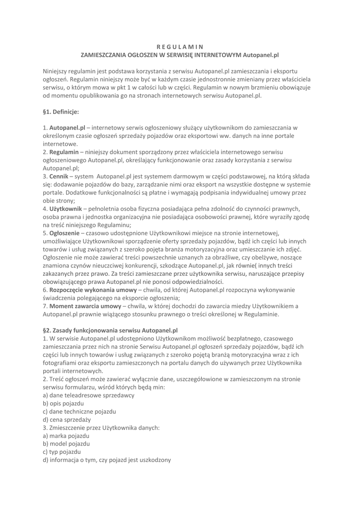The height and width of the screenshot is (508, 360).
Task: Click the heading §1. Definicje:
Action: point(61,112)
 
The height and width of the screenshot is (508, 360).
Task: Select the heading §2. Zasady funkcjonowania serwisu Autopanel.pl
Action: point(110,329)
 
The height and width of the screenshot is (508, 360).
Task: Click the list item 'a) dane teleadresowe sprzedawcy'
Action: point(89,395)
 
